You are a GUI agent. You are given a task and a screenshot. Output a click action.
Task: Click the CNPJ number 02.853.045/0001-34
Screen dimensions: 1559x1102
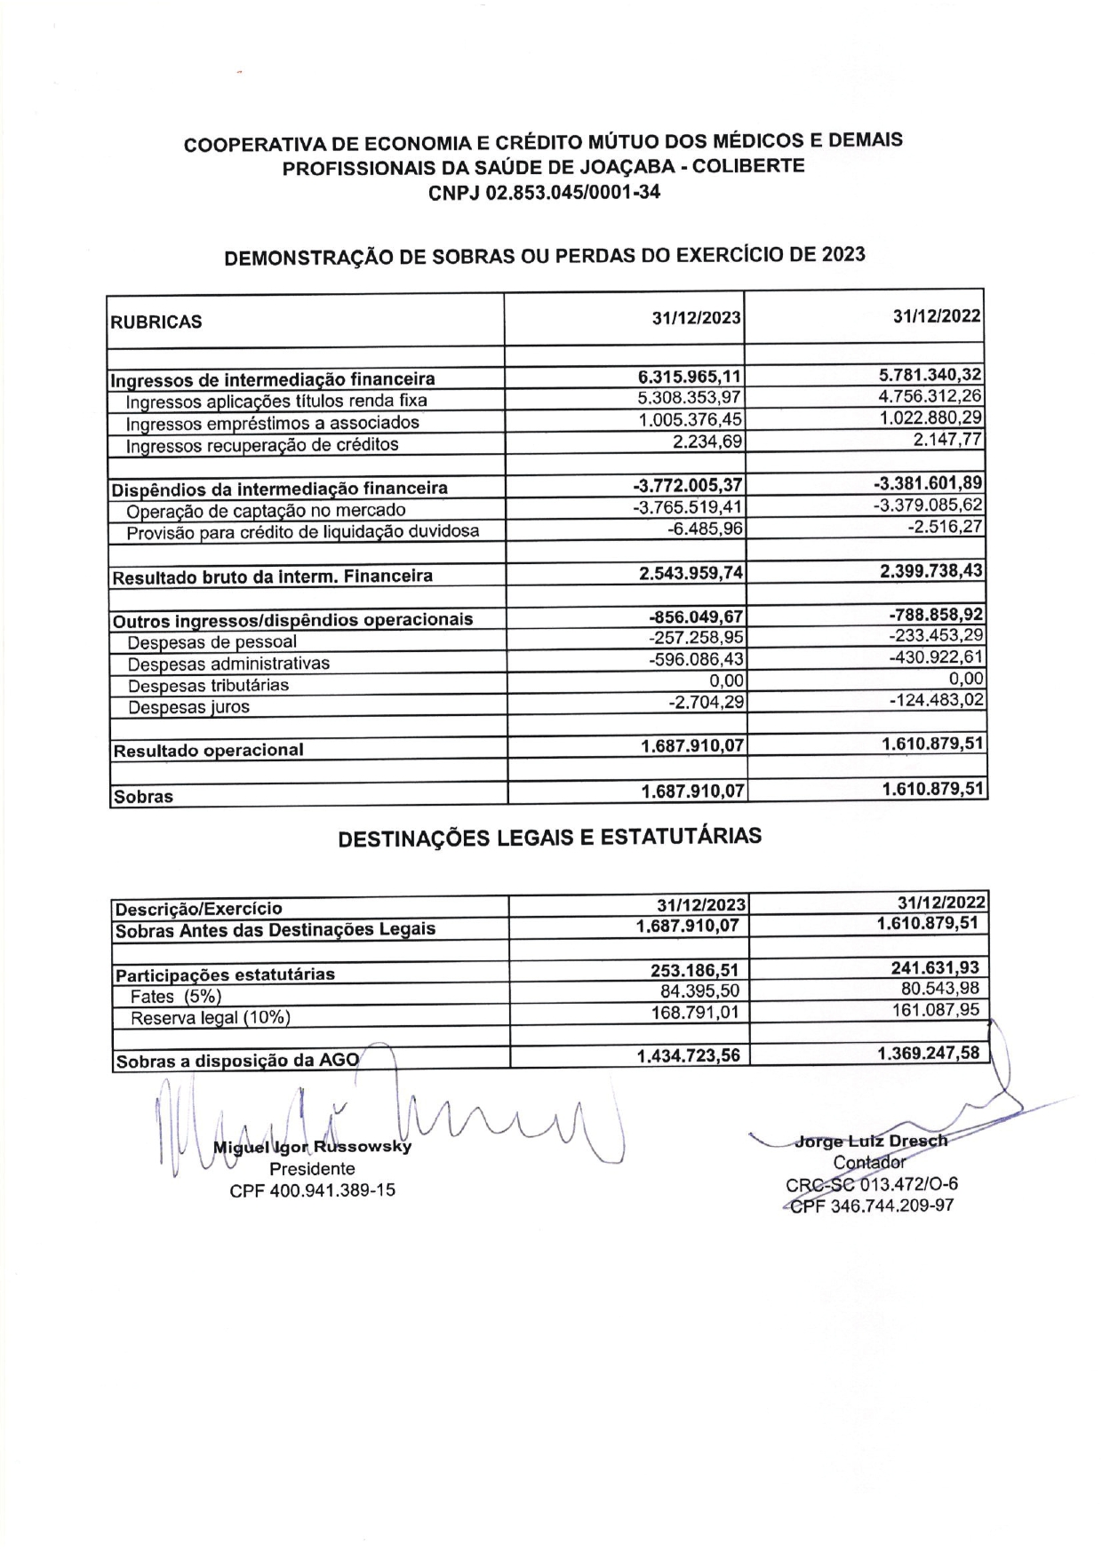[x=572, y=192]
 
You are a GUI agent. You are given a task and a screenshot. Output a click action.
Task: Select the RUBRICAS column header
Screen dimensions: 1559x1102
[x=156, y=322]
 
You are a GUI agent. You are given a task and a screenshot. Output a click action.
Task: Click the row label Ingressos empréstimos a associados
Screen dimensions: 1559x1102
[x=272, y=423]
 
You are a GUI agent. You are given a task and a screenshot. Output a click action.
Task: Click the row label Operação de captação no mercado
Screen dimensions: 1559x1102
[x=266, y=511]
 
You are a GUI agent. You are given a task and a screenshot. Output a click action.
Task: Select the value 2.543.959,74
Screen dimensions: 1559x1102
[x=691, y=573]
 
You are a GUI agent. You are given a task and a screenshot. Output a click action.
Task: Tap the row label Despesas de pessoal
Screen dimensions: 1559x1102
[x=212, y=642]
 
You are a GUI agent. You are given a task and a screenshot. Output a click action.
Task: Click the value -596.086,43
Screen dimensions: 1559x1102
[x=696, y=659]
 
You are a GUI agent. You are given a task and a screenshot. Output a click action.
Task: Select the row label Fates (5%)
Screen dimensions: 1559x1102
[x=176, y=997]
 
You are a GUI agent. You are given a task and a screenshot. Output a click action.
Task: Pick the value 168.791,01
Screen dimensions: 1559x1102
[x=695, y=1013]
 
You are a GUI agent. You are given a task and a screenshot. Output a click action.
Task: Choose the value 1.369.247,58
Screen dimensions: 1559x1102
[x=928, y=1054]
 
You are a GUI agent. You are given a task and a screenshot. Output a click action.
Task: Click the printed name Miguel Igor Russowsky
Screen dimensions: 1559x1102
[x=312, y=1147]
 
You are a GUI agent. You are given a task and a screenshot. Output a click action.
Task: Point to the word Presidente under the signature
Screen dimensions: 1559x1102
[x=312, y=1169]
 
